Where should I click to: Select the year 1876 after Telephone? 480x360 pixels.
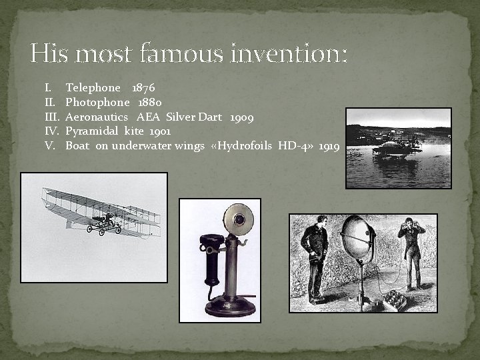143,88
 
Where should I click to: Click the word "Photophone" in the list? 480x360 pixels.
97,103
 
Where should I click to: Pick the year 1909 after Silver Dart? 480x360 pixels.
241,117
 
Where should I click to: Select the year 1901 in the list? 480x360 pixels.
160,131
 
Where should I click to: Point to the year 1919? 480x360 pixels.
329,146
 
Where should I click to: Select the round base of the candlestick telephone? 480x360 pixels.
229,306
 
